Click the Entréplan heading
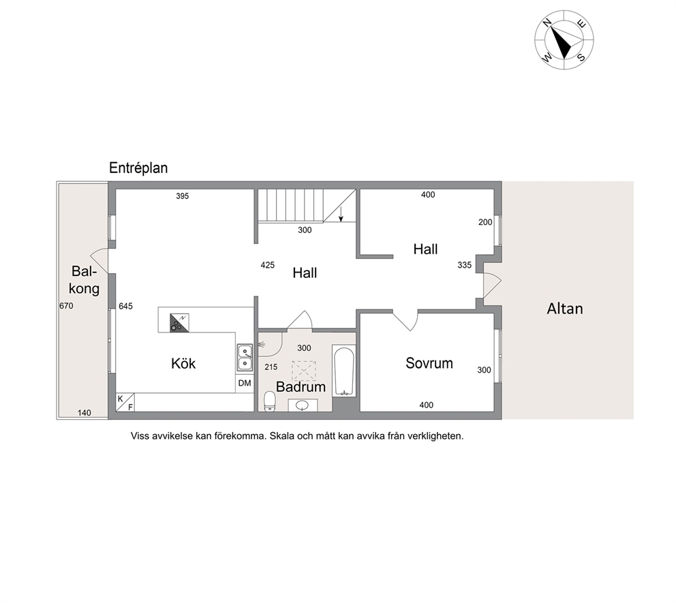coord(138,168)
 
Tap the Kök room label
coord(183,363)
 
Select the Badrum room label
coord(301,386)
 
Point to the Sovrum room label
coord(429,363)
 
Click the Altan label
coord(565,309)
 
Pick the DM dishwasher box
coord(245,383)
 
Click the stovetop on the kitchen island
coord(179,323)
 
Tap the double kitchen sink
coord(245,357)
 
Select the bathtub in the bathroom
coord(344,372)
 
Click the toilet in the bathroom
coord(269,401)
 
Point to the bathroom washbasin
coord(303,405)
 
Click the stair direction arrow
coord(341,214)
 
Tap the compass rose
coord(564,40)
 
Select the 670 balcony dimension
coord(66,306)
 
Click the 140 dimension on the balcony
coord(84,412)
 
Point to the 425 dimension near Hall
coord(268,265)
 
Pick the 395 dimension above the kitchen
coord(183,196)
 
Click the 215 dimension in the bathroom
coord(271,367)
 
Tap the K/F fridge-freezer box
coord(125,402)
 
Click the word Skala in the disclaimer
coord(282,436)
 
